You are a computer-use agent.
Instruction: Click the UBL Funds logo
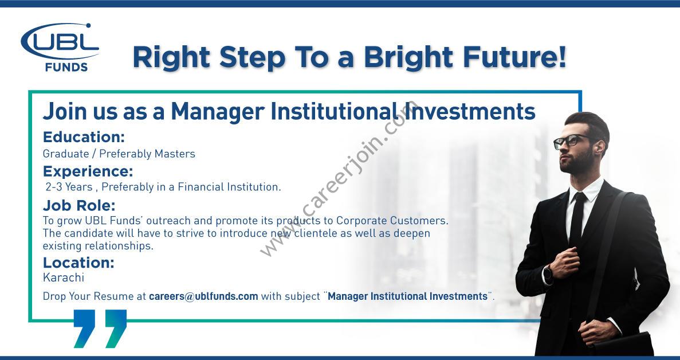pos(60,47)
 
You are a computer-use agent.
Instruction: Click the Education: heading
pos(84,137)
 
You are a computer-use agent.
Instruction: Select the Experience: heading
pos(88,172)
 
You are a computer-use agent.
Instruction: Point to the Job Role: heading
pos(79,205)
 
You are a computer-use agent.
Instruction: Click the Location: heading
pos(78,263)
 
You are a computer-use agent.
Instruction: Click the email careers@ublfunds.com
pos(203,297)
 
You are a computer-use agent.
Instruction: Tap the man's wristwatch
pos(547,274)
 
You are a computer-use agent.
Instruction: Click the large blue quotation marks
pos(100,328)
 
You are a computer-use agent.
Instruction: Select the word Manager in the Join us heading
pos(217,112)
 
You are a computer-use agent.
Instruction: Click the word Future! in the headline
pos(515,57)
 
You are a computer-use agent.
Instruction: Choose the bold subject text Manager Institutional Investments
pos(408,297)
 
